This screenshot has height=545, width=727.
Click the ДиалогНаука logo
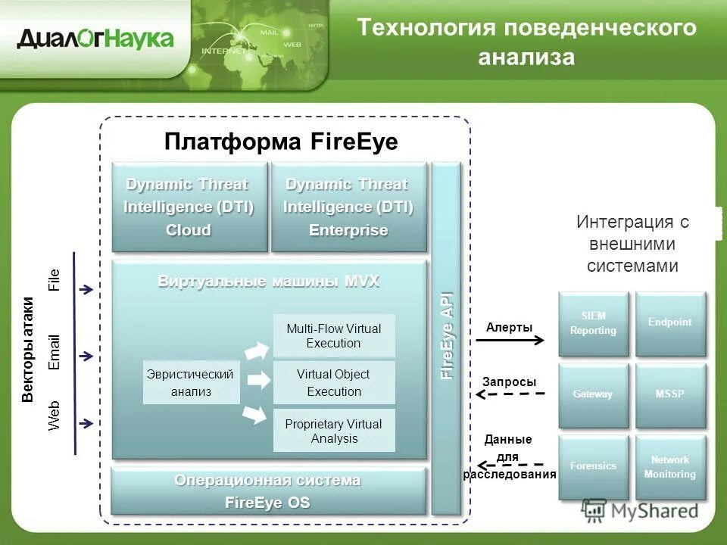coord(95,39)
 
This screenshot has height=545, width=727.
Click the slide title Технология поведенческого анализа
coord(526,42)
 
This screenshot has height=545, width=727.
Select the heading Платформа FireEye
coord(281,142)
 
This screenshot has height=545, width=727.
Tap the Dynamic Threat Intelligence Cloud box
coord(189,207)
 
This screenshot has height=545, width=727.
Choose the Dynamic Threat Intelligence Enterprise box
coord(348,207)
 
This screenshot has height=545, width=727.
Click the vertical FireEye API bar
coord(447,337)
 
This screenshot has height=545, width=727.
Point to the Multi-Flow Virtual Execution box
coord(334,336)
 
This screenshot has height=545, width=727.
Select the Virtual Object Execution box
coord(334,382)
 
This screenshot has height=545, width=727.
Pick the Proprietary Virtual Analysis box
coord(334,431)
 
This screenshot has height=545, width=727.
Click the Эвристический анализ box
coord(191,382)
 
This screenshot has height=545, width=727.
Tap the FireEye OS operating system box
coord(268,492)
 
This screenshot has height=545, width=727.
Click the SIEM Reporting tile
coord(594,323)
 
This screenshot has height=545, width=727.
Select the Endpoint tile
coord(670,323)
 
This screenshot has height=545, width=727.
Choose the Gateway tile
coord(594,394)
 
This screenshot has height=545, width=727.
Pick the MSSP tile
coord(670,394)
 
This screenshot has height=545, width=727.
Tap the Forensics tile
coord(594,466)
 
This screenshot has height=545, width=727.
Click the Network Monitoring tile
coord(670,466)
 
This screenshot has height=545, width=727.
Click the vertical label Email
coord(54,352)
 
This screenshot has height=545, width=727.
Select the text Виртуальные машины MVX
coord(268,282)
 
